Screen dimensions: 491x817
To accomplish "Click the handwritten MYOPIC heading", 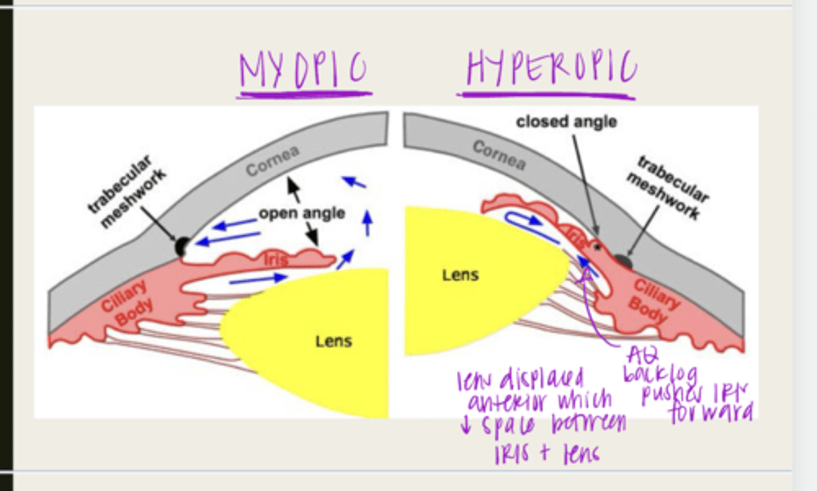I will click(x=303, y=71).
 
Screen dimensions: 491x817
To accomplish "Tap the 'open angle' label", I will click(x=302, y=213).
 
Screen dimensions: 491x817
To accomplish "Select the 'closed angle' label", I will click(x=566, y=121).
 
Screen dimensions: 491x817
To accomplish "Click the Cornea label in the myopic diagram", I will click(x=272, y=161).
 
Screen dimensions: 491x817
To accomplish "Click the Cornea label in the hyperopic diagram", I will click(x=499, y=155).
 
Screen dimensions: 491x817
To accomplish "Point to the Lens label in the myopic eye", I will click(x=334, y=341).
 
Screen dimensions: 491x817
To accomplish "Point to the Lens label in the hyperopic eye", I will click(x=460, y=275).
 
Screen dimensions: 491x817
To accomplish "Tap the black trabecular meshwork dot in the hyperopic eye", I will click(x=622, y=261).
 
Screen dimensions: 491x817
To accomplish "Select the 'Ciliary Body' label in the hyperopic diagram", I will click(x=652, y=300).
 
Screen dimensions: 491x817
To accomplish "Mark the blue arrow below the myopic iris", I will click(x=258, y=278).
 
